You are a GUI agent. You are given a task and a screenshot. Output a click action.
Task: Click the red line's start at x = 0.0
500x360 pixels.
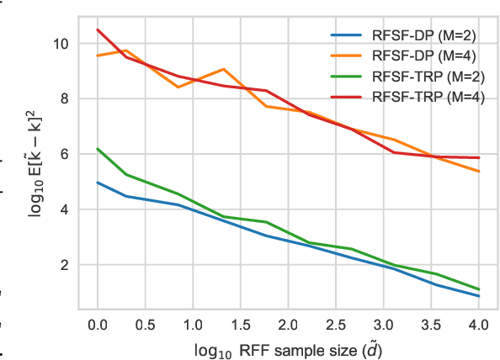tap(98, 30)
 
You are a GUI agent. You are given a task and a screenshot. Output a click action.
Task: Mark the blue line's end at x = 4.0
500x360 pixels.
tap(478, 296)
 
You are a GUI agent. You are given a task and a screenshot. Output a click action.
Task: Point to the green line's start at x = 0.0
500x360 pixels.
tap(98, 149)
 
